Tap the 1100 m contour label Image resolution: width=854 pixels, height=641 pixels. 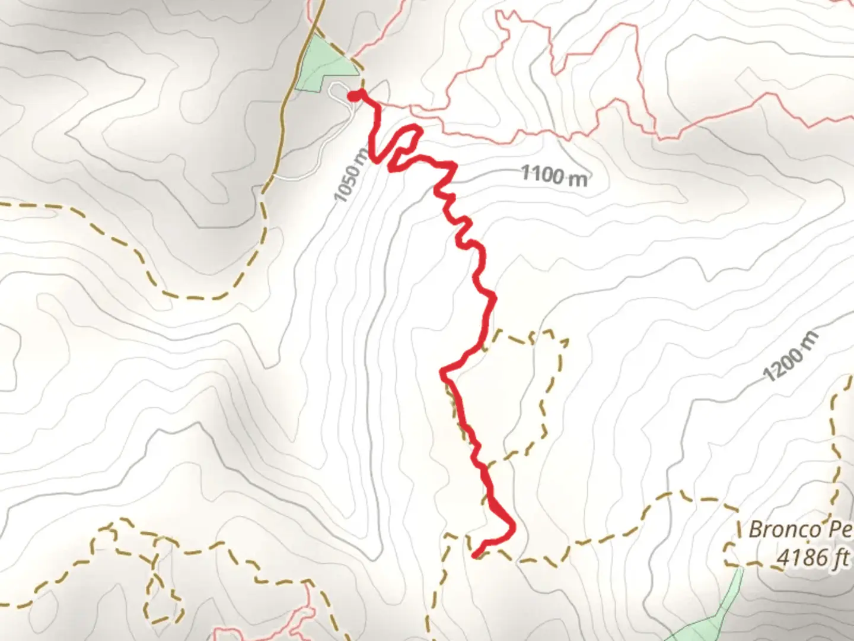555,175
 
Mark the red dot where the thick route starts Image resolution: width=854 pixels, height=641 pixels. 353,96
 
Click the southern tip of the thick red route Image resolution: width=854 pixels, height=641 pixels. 475,556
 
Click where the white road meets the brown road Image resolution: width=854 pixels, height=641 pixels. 274,176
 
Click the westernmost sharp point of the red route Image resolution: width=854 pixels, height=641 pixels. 442,372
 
